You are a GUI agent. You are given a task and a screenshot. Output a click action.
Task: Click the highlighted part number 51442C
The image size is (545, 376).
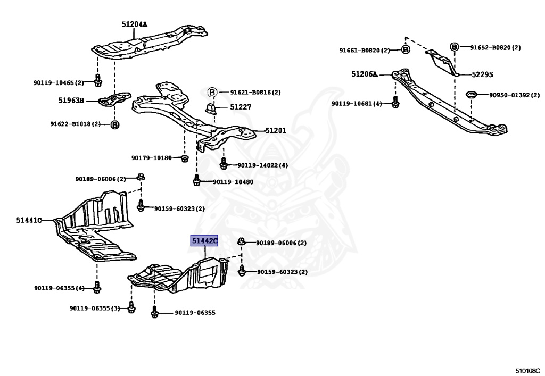tap(205, 241)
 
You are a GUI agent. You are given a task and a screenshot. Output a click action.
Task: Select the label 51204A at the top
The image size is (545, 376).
tap(134, 24)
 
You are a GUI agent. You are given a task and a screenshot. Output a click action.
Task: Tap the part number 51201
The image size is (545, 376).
tap(276, 130)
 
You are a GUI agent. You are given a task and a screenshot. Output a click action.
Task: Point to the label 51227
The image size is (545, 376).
tap(241, 107)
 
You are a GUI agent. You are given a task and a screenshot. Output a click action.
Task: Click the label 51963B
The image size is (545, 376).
tap(71, 99)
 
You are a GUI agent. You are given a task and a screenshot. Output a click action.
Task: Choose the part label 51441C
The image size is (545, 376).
tap(29, 220)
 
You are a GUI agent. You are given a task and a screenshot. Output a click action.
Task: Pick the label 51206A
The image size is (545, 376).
tap(364, 74)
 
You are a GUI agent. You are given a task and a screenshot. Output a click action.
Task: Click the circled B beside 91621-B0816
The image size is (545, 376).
tap(211, 92)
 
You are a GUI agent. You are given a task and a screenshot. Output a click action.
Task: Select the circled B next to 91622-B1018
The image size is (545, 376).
tap(115, 124)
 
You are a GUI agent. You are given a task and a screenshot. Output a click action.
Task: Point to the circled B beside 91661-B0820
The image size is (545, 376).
tap(405, 50)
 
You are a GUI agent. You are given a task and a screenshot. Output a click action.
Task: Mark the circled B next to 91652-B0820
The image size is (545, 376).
tap(455, 47)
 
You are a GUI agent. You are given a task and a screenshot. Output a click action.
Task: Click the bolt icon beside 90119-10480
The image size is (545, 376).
tap(196, 181)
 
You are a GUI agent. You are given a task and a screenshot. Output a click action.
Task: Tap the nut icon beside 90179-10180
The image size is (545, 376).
tap(184, 158)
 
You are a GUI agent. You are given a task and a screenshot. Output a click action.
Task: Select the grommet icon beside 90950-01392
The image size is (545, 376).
tap(471, 95)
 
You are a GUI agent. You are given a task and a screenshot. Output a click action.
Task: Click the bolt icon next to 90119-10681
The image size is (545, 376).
tap(395, 103)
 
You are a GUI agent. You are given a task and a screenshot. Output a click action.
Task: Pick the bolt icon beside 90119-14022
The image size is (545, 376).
tap(224, 164)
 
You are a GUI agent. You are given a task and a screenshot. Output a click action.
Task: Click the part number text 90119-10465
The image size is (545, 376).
tap(54, 82)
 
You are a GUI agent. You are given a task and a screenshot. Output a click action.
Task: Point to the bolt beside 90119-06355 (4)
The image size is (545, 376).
tap(96, 288)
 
